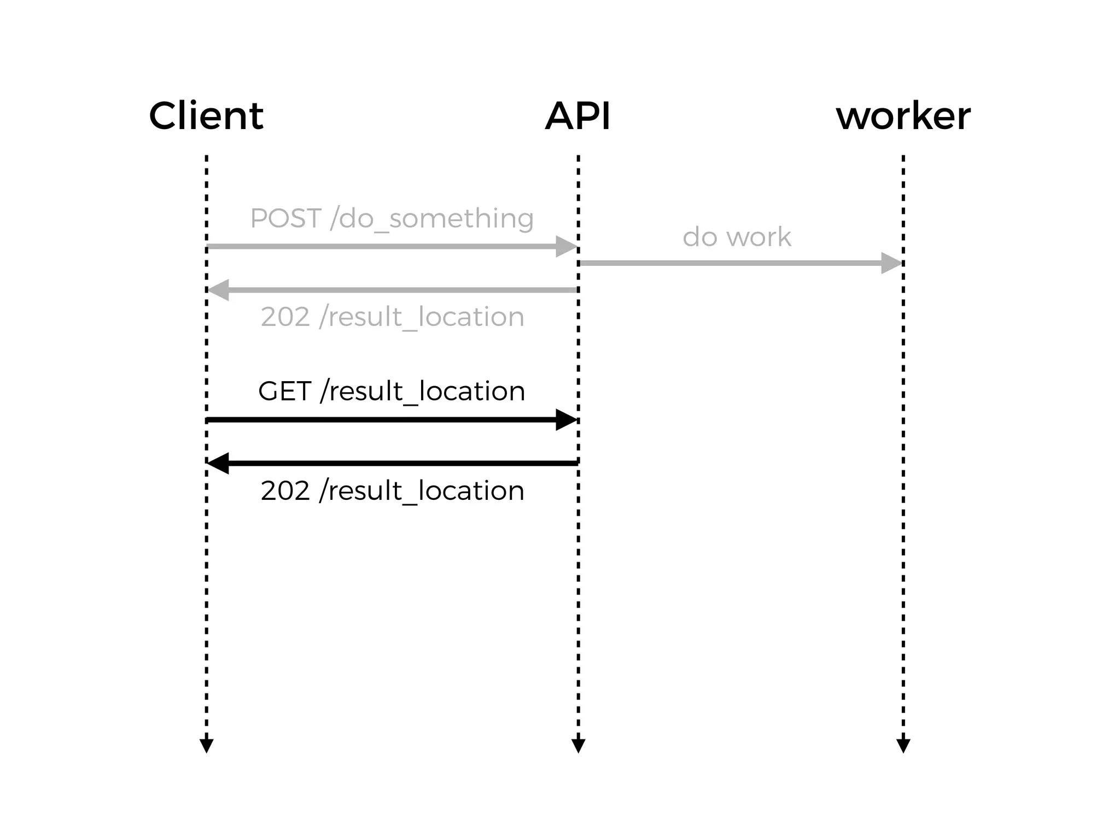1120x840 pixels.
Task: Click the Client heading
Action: click(x=206, y=116)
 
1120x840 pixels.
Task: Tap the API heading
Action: click(x=577, y=116)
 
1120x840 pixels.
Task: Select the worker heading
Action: click(x=903, y=116)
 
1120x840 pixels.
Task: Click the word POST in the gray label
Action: click(x=285, y=219)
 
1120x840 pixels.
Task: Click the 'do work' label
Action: click(x=737, y=237)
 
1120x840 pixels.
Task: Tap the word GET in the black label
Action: click(x=284, y=392)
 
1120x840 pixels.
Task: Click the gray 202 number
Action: click(x=285, y=317)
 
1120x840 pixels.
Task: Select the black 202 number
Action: click(x=285, y=491)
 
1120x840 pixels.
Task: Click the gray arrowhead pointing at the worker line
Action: click(x=891, y=263)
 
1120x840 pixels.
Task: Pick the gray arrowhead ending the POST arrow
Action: click(x=566, y=247)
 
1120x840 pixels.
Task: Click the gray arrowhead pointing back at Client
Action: click(x=218, y=290)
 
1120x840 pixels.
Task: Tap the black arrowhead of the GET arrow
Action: click(x=566, y=420)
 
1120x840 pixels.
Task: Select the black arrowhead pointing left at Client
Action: click(x=218, y=463)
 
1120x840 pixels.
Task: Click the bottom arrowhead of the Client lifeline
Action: click(x=206, y=745)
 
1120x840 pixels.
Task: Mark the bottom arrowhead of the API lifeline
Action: click(x=578, y=745)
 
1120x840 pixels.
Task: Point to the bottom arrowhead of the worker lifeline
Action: click(x=903, y=745)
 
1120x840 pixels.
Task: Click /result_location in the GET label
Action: click(x=423, y=392)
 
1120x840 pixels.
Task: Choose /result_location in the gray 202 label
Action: click(x=422, y=317)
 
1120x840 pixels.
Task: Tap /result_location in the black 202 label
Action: click(x=422, y=491)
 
